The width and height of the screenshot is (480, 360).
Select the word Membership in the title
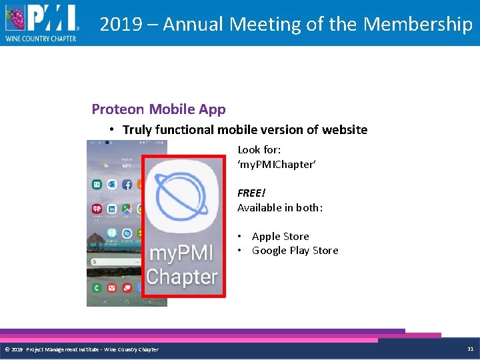[x=418, y=24]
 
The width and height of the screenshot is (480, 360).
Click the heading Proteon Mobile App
[x=159, y=109]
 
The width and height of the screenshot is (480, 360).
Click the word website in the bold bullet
[x=343, y=130]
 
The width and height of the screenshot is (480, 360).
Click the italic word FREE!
[x=251, y=193]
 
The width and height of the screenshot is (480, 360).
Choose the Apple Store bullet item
[x=280, y=237]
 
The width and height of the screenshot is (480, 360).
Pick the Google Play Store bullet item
[x=295, y=251]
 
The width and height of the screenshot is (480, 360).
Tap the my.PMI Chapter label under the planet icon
[x=182, y=265]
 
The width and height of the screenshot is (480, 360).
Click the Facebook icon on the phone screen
[x=126, y=185]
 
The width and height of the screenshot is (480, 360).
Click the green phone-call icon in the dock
[x=97, y=287]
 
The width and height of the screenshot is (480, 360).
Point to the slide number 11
[x=470, y=349]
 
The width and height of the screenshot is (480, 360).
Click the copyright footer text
[x=81, y=349]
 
